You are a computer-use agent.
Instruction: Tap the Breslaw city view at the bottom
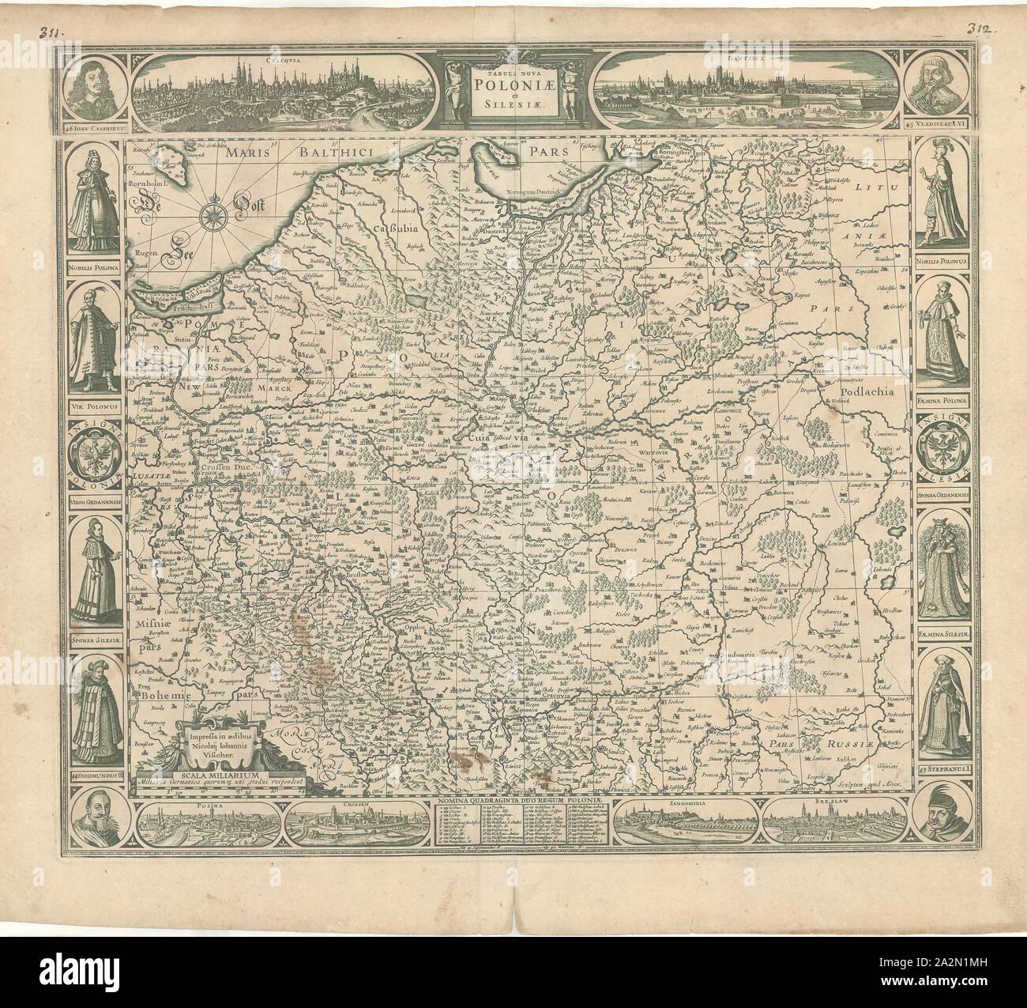824,814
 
